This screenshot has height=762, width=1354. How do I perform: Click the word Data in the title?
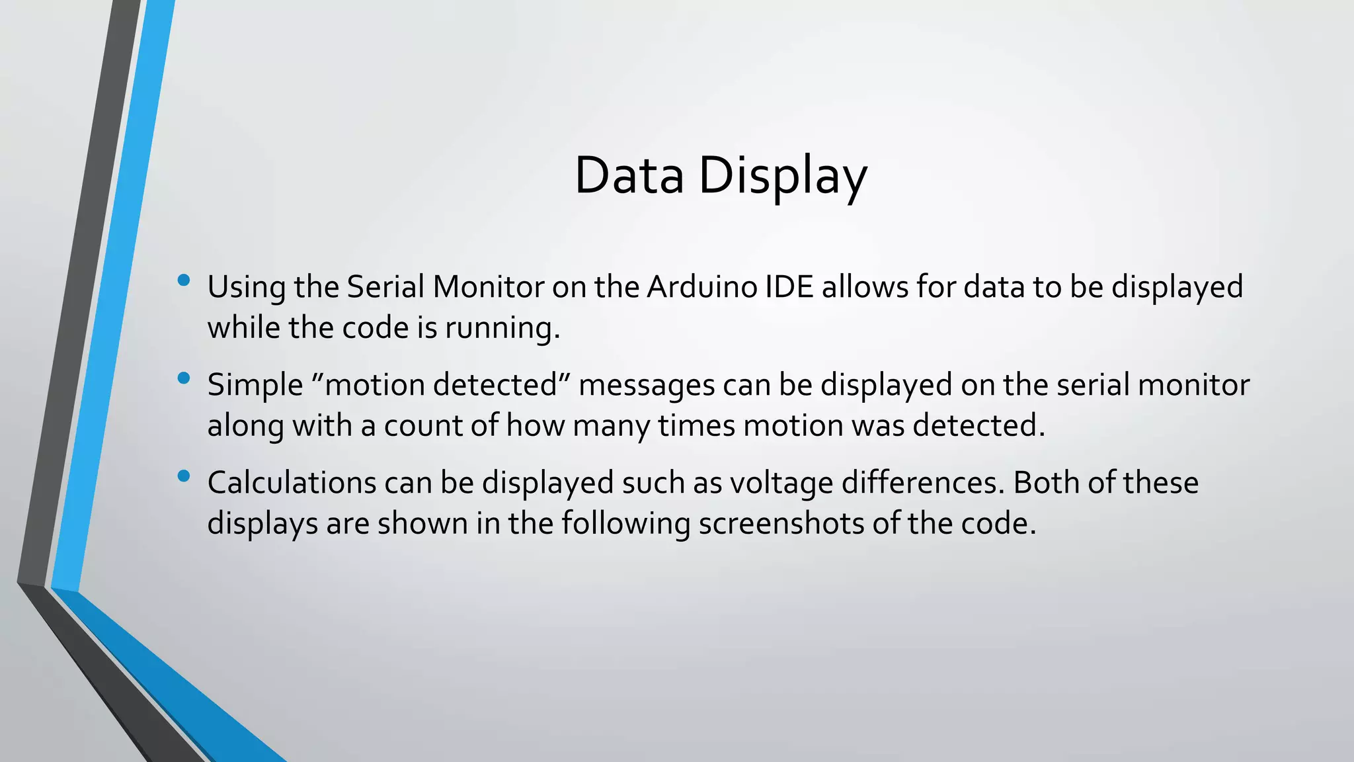[x=629, y=175]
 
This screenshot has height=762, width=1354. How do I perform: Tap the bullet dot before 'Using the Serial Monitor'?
[x=184, y=280]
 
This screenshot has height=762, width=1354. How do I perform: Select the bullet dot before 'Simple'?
[x=184, y=378]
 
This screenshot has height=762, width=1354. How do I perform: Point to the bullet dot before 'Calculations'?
[x=184, y=476]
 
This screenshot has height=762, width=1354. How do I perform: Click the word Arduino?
[x=701, y=287]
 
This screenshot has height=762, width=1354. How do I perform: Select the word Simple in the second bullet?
[x=255, y=385]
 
